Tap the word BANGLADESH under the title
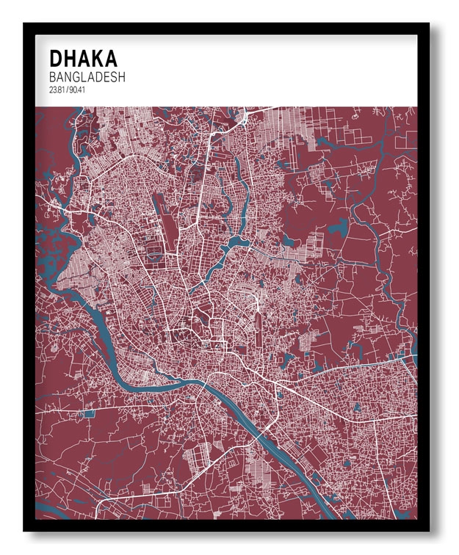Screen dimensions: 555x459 87,77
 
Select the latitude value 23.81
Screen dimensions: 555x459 56,90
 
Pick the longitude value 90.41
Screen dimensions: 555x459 76,90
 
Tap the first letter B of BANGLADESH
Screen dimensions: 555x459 53,77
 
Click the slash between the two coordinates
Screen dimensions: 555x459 66,90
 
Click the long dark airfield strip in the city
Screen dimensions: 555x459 159,214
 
